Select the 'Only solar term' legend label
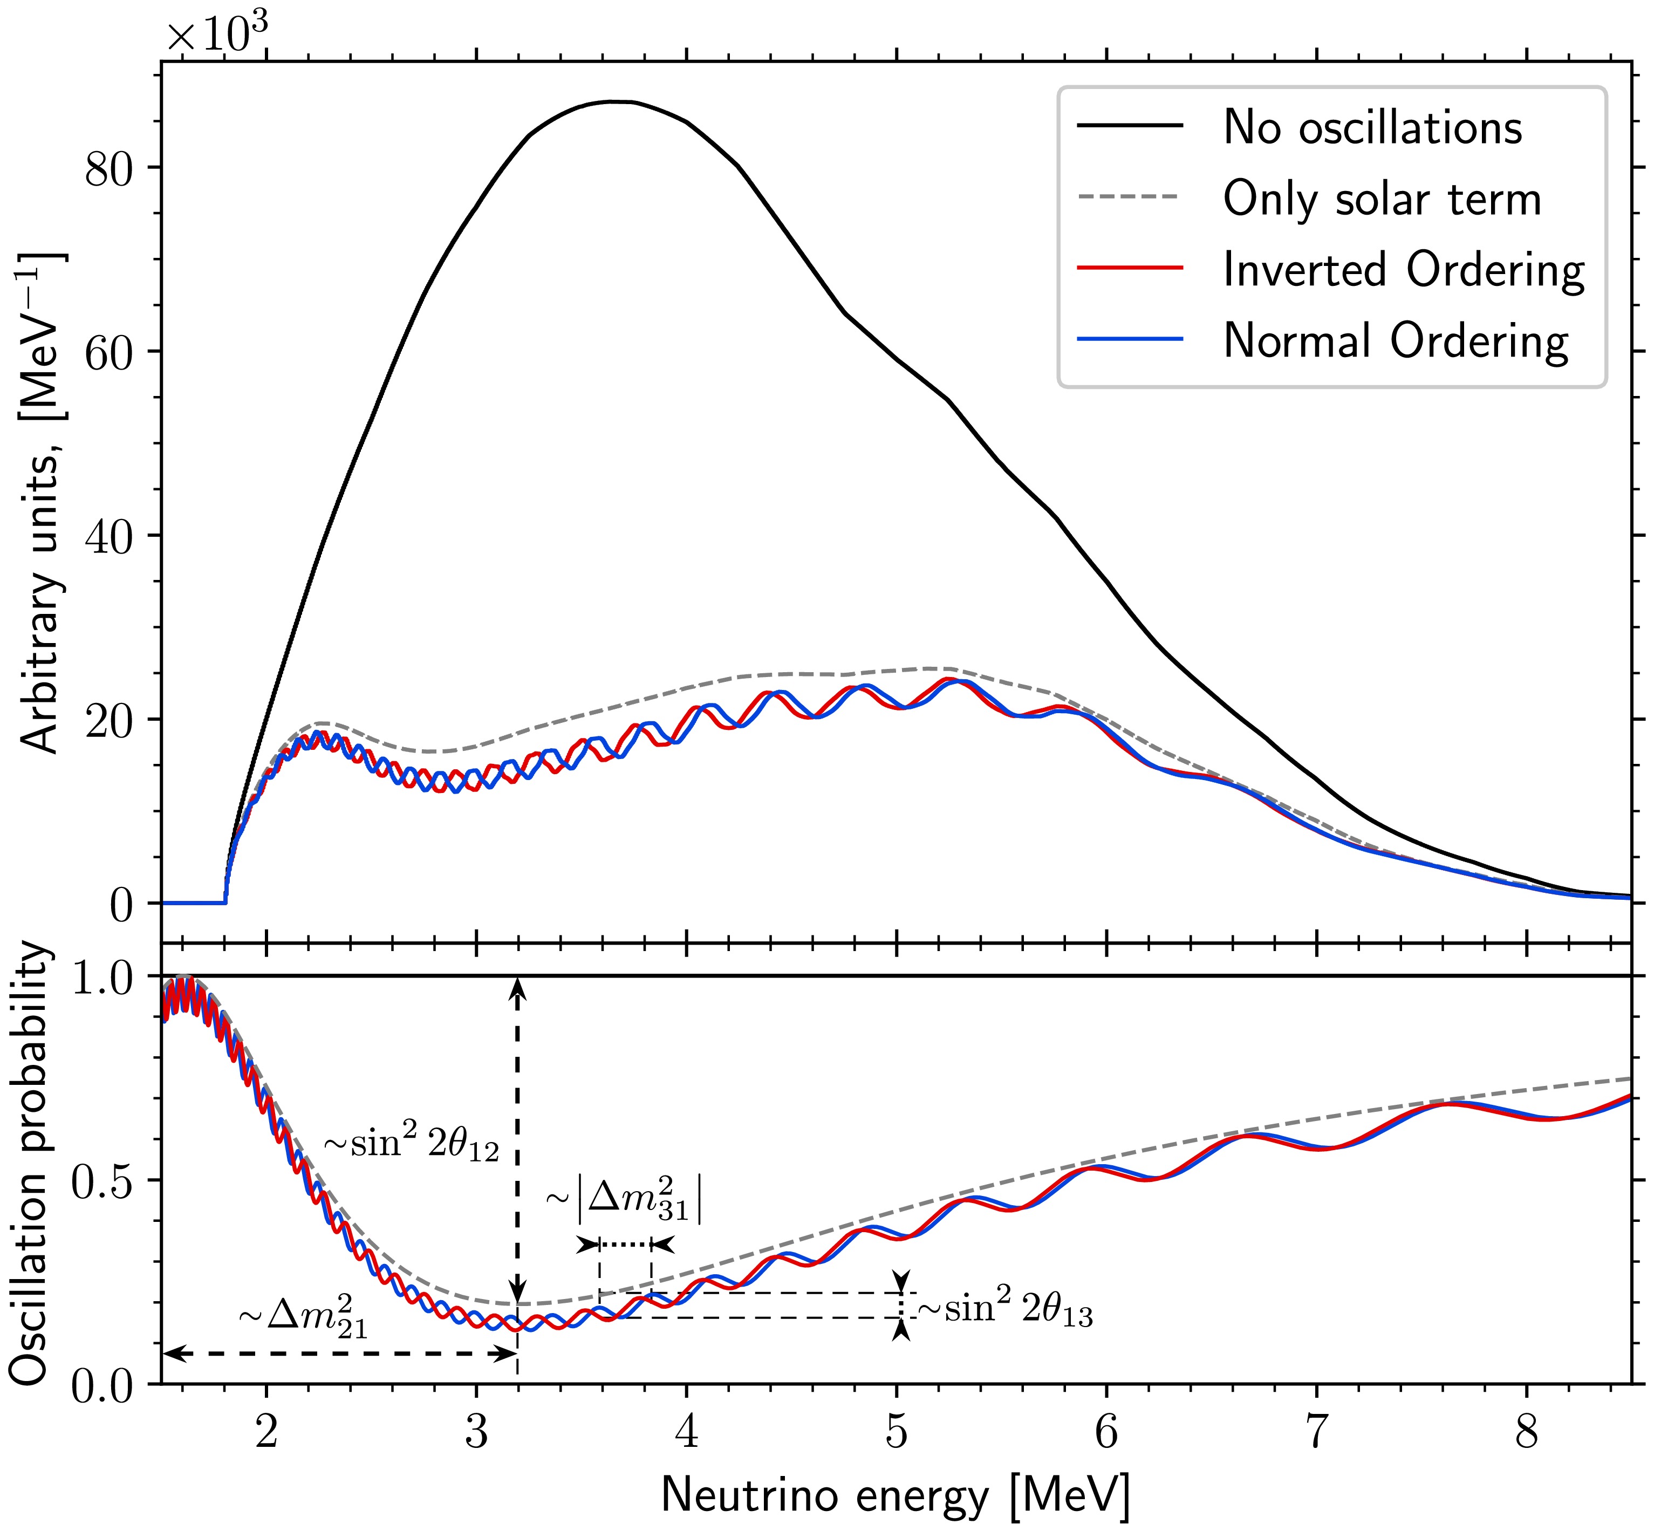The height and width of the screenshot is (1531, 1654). [x=1382, y=199]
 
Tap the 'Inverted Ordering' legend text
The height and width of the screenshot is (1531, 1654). [x=1404, y=270]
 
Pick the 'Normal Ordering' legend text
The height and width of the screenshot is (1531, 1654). [x=1396, y=340]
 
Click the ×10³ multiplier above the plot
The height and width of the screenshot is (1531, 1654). [x=217, y=33]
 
